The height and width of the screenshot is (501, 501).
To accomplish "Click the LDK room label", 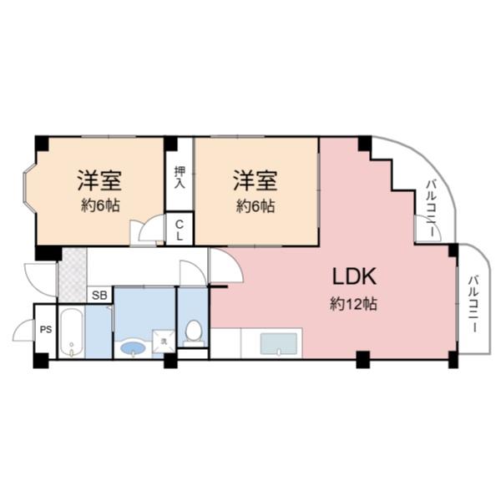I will (x=357, y=276).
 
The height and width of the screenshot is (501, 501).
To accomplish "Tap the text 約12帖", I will (x=353, y=305).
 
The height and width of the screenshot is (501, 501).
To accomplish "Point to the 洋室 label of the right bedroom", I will (x=255, y=180).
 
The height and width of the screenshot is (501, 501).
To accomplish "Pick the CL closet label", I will (x=180, y=229).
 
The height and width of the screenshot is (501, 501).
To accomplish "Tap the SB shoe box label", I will (x=99, y=295).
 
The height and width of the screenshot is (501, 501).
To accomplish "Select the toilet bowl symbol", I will (x=193, y=331).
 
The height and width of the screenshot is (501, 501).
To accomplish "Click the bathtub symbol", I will (x=72, y=333).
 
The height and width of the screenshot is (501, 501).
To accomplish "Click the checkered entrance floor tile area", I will (x=72, y=272).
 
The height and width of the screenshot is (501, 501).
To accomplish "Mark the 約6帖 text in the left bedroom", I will (x=100, y=205).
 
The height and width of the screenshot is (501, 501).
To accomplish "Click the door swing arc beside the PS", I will (x=23, y=331).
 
